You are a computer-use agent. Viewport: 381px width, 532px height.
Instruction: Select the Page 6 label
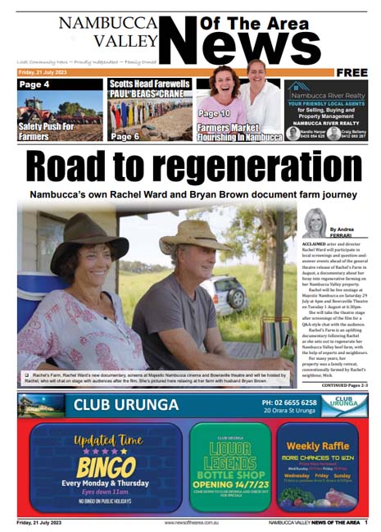125,136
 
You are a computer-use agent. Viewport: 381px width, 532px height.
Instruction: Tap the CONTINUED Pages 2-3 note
339,384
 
